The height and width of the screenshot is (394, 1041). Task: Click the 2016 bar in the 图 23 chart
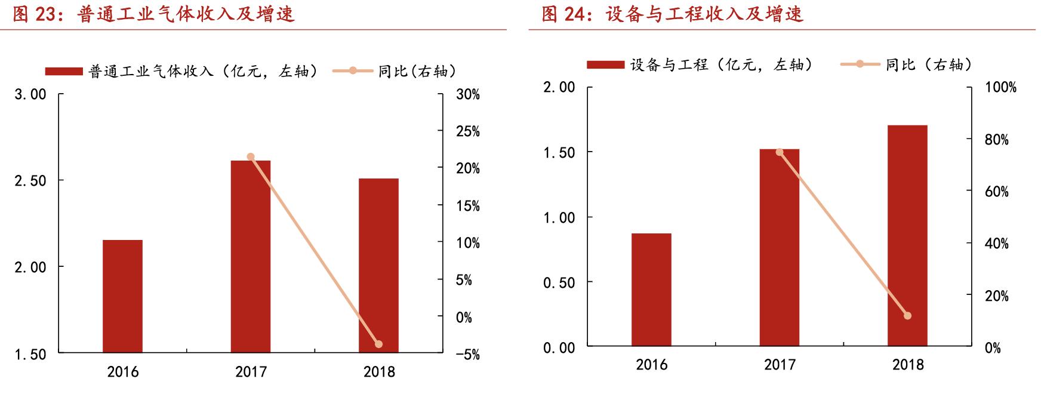(x=122, y=296)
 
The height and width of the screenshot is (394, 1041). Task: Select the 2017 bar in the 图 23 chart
(x=251, y=257)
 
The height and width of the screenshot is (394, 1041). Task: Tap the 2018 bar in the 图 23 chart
(x=378, y=266)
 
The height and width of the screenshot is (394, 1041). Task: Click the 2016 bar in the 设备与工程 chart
(x=651, y=290)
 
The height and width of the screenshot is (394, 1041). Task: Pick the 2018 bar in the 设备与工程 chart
(x=907, y=236)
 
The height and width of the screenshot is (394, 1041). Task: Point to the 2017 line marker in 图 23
(x=251, y=157)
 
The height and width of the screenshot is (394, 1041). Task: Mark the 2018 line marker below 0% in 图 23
(x=378, y=344)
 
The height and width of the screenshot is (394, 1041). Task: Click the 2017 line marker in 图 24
(x=780, y=152)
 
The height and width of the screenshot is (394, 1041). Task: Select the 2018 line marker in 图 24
(x=907, y=316)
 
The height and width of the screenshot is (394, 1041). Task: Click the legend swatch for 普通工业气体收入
(x=64, y=72)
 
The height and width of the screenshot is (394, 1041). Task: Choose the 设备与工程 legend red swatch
(x=605, y=64)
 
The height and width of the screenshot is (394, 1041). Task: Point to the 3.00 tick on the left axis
(x=30, y=94)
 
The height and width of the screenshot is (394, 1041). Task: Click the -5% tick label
(x=467, y=354)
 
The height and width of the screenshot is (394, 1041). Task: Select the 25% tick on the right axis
(x=467, y=131)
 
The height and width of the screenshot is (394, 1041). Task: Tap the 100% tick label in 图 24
(x=1000, y=87)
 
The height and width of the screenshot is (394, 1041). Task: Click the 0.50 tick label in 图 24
(x=559, y=282)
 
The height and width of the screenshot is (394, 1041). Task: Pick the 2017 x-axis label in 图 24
(x=780, y=364)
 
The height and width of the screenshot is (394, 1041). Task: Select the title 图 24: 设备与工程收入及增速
(x=673, y=14)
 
